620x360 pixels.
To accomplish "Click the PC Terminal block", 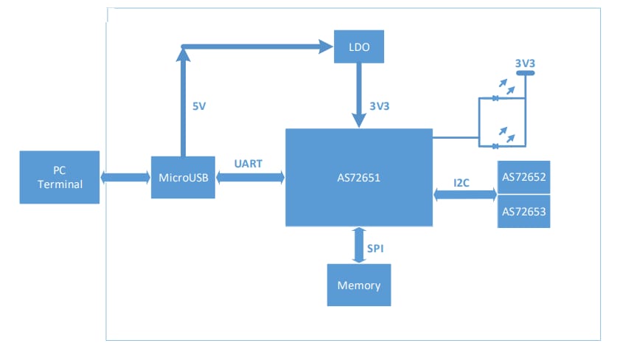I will point(59,177).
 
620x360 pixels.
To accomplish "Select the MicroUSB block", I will point(184,177).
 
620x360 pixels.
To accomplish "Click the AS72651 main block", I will point(358,177).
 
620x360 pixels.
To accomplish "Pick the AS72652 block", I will point(523,178).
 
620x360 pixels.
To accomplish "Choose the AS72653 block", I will point(523,212).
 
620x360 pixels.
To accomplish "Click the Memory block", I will point(358,285).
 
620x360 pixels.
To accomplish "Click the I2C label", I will point(461,181).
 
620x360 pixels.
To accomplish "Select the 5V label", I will point(199,106).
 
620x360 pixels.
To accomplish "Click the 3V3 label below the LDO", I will point(378,106).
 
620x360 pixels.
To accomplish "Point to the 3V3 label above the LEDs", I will point(524,64).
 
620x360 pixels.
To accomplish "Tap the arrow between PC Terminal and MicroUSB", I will point(125,177).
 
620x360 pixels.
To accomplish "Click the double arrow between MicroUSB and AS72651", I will point(251,177).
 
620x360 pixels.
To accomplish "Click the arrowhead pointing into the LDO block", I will point(326,47).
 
